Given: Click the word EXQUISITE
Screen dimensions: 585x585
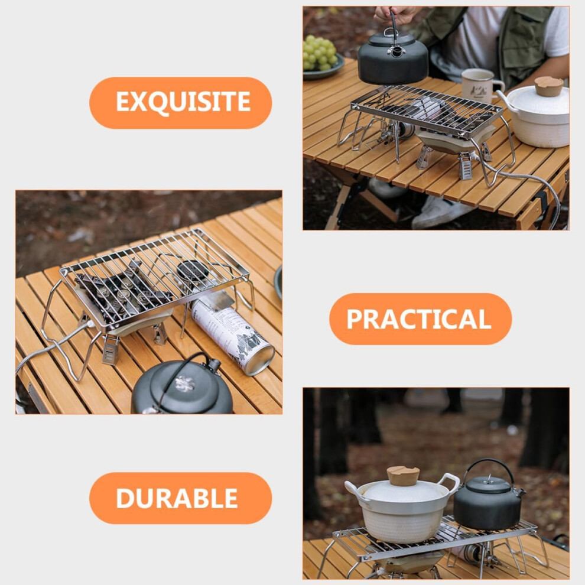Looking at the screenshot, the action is coord(183,102).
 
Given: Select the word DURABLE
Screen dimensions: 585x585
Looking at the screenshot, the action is coord(177,498).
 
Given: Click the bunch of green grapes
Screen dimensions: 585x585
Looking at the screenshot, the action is coord(319,53).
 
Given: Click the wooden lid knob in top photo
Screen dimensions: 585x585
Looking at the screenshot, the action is coord(548,86).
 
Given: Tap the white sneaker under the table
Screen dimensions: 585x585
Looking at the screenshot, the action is coord(440,212).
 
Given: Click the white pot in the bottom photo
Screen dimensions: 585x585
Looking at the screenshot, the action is coord(402,506).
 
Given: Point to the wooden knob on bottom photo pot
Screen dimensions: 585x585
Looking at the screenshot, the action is coord(403,476).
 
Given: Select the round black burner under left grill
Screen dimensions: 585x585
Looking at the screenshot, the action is coord(192,271).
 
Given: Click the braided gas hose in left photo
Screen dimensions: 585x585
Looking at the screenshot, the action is coord(52,347).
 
